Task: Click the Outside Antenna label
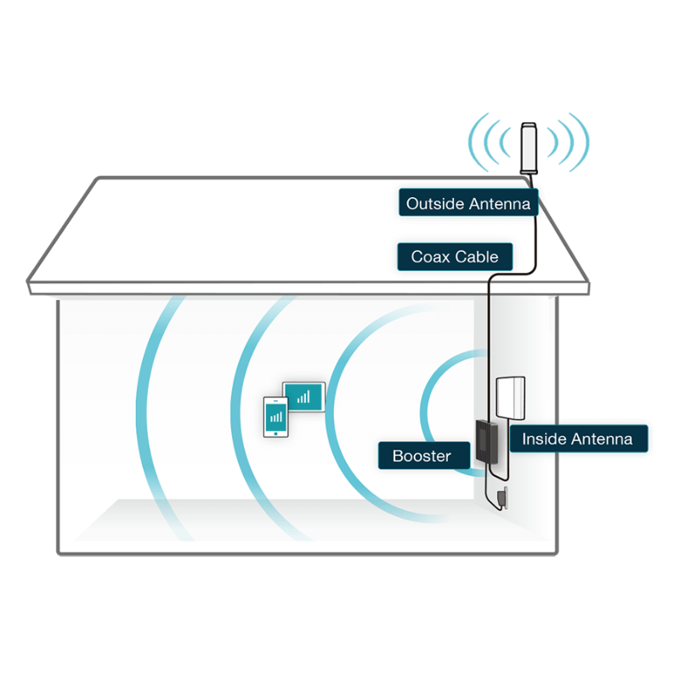tap(467, 204)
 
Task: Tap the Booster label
tap(422, 456)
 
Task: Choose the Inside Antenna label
tap(577, 439)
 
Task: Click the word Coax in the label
tap(430, 257)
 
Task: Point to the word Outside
tap(433, 204)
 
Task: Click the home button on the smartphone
tap(275, 433)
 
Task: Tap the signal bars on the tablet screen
tap(303, 395)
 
